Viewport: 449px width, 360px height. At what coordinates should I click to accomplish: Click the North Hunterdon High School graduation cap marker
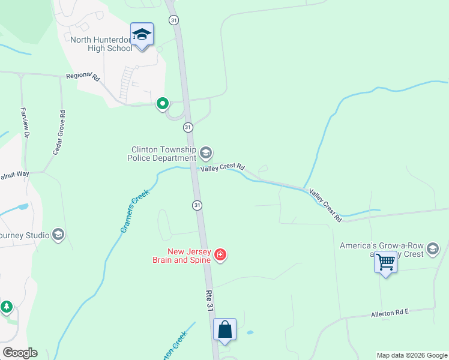[142, 34]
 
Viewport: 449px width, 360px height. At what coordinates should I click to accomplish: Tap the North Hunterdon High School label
[101, 44]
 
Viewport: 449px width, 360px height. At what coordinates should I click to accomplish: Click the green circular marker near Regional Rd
[162, 104]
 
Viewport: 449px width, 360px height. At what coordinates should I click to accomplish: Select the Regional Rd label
[82, 76]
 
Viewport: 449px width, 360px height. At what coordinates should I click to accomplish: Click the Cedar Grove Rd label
[58, 133]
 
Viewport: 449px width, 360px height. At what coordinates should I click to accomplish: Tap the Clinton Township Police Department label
[161, 154]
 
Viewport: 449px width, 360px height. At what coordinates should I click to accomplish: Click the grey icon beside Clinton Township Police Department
[206, 154]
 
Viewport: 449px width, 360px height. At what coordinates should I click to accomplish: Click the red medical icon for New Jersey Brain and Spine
[220, 256]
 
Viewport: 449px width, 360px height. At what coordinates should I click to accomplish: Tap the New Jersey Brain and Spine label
[181, 256]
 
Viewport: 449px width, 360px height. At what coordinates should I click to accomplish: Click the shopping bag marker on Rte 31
[224, 329]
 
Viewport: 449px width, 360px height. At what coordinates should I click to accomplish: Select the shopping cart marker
[385, 262]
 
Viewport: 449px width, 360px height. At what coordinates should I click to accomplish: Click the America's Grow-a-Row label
[382, 245]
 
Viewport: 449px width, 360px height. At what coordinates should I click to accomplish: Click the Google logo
[20, 353]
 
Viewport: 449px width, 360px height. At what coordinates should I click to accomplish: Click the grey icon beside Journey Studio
[58, 233]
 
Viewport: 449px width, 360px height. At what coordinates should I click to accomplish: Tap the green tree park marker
[7, 307]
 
